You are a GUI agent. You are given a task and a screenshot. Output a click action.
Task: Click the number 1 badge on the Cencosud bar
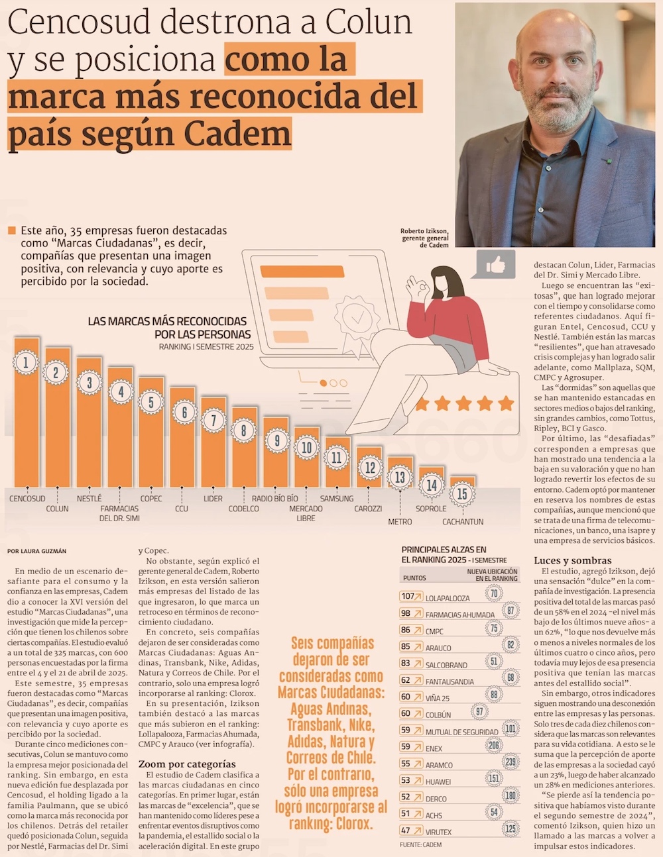26,362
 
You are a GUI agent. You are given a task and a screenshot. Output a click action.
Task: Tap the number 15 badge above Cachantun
462,493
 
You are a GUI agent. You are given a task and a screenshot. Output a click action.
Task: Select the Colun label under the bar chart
57,509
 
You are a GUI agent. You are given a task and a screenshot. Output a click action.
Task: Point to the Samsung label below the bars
337,499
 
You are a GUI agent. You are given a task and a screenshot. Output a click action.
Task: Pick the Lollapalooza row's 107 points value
407,596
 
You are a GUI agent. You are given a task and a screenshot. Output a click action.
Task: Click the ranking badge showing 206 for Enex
494,746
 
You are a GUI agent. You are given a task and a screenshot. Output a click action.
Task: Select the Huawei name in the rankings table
438,781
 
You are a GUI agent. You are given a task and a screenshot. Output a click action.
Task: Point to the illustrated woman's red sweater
457,318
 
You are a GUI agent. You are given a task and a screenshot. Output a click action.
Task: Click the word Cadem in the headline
237,134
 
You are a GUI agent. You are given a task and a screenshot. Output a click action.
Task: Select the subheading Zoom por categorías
187,764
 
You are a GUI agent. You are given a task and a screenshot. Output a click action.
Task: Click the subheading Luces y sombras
572,560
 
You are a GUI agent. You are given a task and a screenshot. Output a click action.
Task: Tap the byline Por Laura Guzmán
37,551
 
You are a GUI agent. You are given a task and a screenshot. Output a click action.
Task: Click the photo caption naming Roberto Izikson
424,238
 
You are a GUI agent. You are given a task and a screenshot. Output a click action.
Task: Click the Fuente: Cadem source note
420,844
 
